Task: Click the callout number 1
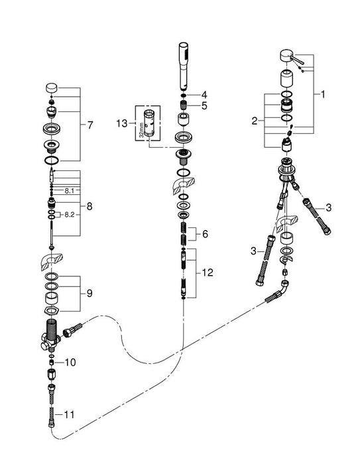(x=323, y=95)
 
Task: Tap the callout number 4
(x=205, y=93)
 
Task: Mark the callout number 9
(x=91, y=293)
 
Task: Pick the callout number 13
(x=122, y=123)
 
